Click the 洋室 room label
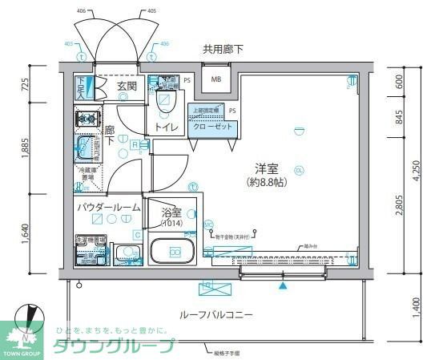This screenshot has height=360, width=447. click(x=267, y=168)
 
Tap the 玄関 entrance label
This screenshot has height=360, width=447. click(x=127, y=87)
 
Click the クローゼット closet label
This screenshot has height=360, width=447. click(x=211, y=127)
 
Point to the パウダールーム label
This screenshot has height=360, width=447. click(x=108, y=207)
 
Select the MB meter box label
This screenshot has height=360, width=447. click(x=216, y=79)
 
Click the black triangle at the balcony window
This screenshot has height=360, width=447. click(x=281, y=284)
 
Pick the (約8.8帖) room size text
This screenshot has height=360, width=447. click(x=267, y=183)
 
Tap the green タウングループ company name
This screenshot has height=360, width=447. click(x=113, y=346)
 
